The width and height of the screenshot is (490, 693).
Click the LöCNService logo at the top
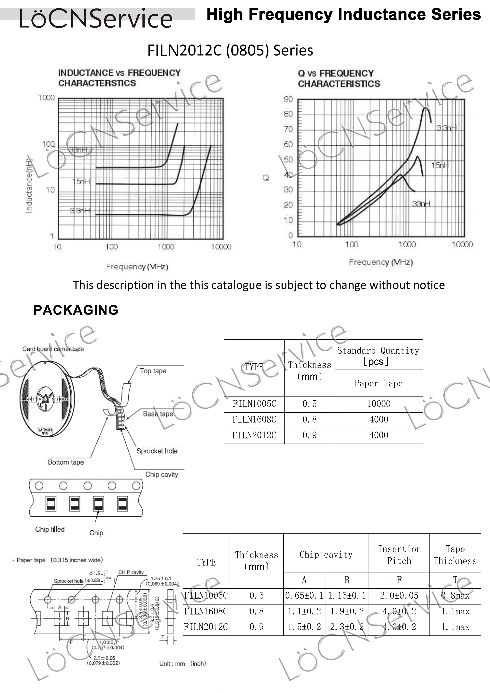coord(96,19)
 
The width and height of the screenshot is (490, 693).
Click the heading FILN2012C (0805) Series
coord(230,50)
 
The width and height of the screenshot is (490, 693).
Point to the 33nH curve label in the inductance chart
coord(78,150)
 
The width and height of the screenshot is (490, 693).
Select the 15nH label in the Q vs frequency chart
coord(440,165)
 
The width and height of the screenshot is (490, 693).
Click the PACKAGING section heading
coord(76,310)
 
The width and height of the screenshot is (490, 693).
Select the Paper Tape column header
coord(378,383)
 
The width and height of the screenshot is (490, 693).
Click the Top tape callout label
coord(153,371)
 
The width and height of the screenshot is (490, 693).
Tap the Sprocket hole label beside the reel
coord(157,451)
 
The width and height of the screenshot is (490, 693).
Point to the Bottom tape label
coord(66,462)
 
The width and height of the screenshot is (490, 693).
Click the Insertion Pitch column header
coord(399,555)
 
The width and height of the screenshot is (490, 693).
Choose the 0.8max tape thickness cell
coord(455,596)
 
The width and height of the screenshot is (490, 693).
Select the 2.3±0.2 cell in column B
coord(347,627)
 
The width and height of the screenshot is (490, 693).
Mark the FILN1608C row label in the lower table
coord(206,611)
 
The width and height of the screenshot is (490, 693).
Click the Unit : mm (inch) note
coord(183,663)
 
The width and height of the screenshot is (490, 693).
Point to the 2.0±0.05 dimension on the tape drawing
coord(104,658)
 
